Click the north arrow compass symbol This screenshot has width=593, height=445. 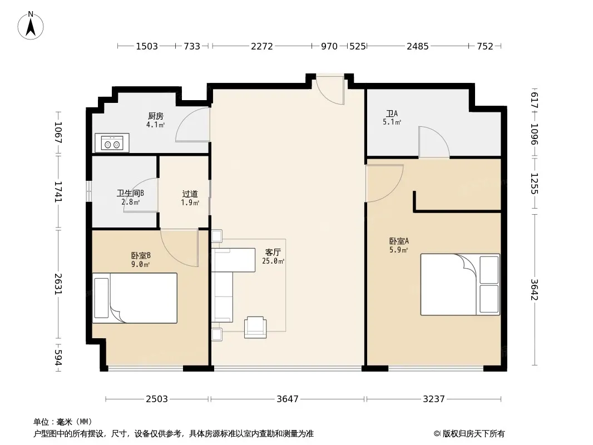(x=31, y=26)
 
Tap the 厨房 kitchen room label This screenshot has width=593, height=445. (x=155, y=116)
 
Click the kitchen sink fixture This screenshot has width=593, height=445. (x=112, y=143)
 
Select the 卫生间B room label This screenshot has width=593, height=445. (x=130, y=194)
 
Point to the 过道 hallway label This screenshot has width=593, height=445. (x=190, y=194)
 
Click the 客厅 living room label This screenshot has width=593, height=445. (x=273, y=252)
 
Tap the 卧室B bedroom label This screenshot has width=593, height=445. (x=141, y=256)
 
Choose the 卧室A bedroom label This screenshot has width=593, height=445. (x=399, y=241)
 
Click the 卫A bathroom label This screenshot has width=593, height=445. (x=392, y=113)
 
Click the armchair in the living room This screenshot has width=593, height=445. (x=255, y=327)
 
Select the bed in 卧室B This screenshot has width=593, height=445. (x=135, y=298)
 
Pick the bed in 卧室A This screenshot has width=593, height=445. (x=460, y=284)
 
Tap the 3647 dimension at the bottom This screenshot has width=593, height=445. (x=288, y=399)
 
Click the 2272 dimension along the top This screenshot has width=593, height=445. (x=261, y=46)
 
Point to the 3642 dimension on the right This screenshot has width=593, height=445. (x=534, y=290)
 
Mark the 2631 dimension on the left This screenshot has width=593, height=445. (x=58, y=284)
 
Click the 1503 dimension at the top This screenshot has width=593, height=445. (x=147, y=46)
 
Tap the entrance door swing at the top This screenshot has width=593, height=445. (x=330, y=90)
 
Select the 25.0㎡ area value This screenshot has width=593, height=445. (x=273, y=261)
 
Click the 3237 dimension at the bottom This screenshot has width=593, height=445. (x=434, y=399)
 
